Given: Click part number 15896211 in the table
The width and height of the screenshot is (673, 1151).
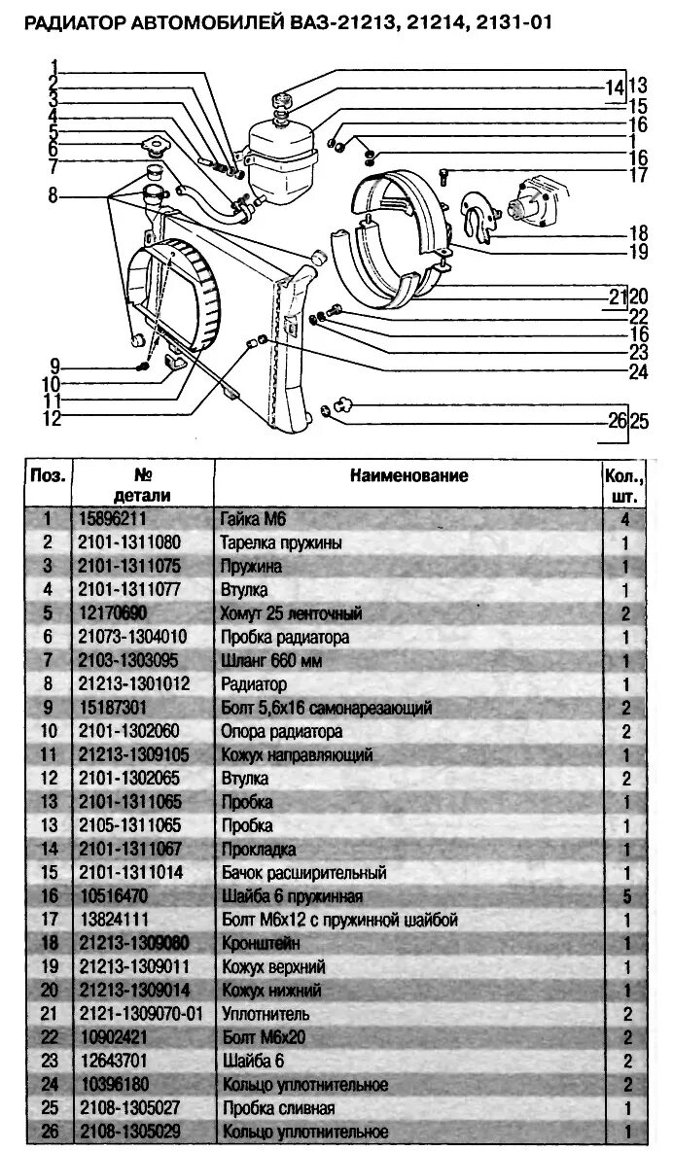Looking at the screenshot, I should (x=111, y=519).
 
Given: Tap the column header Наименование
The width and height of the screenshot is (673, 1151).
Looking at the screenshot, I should (x=409, y=475).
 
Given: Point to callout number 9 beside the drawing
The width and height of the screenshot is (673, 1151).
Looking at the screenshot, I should (x=55, y=366).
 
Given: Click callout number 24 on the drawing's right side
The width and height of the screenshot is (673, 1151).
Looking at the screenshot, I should (x=639, y=369).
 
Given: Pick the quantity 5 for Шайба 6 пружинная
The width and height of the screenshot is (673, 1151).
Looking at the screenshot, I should (x=626, y=896).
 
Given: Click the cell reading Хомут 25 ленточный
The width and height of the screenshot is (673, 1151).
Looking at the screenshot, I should (x=291, y=613).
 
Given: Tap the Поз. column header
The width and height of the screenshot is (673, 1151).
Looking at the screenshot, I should (x=48, y=476).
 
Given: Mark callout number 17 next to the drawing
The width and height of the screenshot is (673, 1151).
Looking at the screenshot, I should (x=639, y=176).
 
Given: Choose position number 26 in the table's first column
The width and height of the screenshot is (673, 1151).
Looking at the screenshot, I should (x=48, y=1132).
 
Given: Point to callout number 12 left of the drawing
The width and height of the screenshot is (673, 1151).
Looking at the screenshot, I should (x=52, y=419).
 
